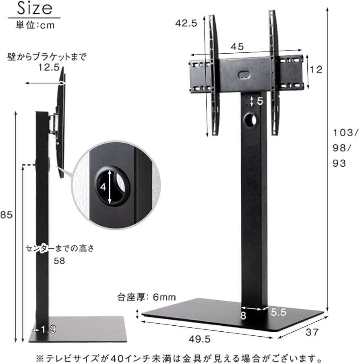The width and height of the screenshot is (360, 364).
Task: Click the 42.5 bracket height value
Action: pos(186,23)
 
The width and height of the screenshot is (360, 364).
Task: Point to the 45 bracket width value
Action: pos(237,47)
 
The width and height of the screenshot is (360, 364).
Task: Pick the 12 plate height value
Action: pos(317,70)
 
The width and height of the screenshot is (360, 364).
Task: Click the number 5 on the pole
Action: pos(260,101)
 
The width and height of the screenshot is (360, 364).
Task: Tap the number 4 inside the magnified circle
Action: pos(103,187)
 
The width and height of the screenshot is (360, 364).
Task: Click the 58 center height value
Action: pos(60,261)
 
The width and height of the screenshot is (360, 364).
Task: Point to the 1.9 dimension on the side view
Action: pos(48,329)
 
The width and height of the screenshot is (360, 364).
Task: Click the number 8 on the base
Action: pos(243,316)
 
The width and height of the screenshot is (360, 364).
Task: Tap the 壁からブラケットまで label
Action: pos(47,57)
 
